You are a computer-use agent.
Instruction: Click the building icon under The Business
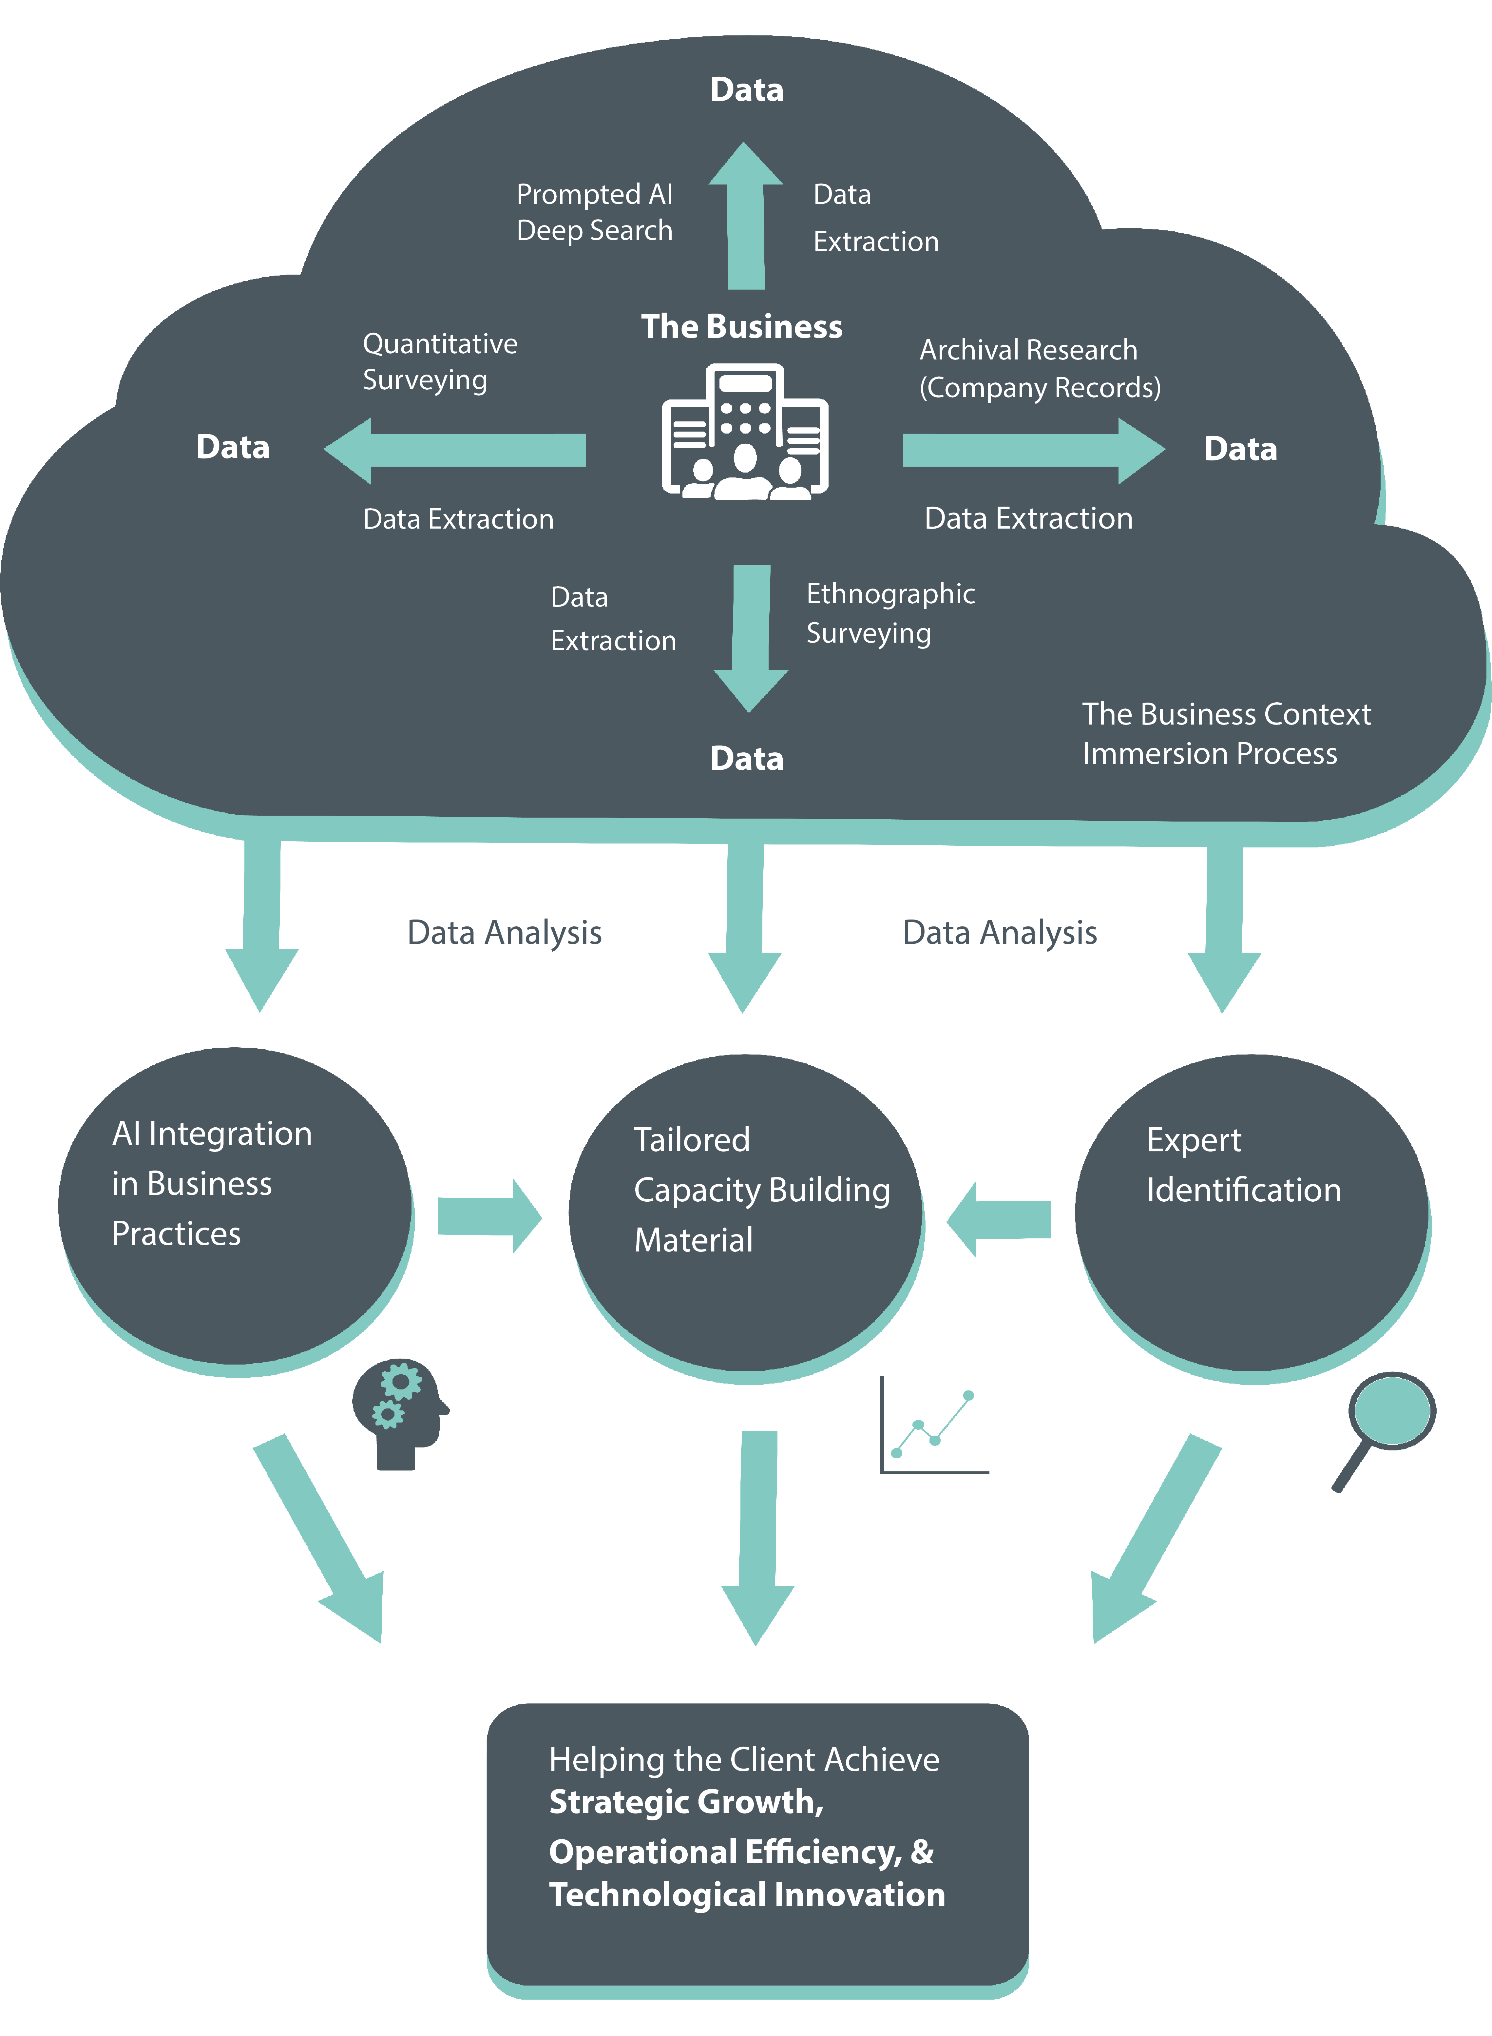(x=745, y=432)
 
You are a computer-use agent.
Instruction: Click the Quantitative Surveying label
(x=440, y=361)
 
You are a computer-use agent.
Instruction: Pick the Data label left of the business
(x=233, y=447)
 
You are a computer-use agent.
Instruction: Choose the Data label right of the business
(x=1240, y=449)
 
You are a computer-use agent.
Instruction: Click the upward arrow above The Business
(x=746, y=217)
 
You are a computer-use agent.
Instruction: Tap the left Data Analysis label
(x=504, y=932)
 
